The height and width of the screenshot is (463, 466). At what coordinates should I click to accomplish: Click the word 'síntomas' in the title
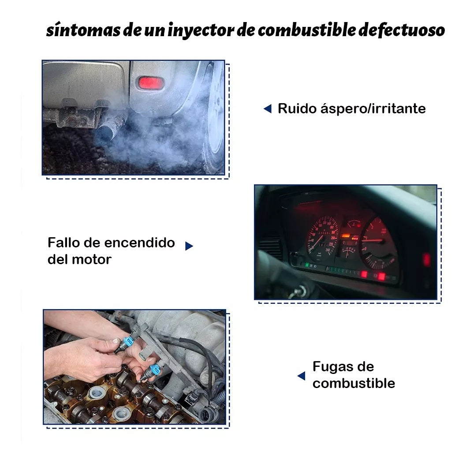tap(83, 30)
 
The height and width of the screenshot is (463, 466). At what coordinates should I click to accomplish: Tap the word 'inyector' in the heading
tap(201, 30)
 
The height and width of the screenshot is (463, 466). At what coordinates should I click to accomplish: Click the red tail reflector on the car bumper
tap(151, 83)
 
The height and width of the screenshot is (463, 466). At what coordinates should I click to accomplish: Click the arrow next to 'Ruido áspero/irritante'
tap(268, 109)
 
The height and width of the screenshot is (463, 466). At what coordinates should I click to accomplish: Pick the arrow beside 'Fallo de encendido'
tap(189, 246)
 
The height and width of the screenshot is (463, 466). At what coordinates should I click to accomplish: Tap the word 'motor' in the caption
tap(92, 259)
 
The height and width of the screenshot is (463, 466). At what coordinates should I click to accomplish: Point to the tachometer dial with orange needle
tap(378, 241)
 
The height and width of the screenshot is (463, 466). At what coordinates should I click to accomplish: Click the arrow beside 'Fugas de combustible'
tap(302, 376)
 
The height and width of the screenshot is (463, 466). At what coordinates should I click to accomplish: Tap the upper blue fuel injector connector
tap(128, 343)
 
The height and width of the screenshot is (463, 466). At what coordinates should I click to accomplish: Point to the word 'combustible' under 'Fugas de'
tap(354, 383)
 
